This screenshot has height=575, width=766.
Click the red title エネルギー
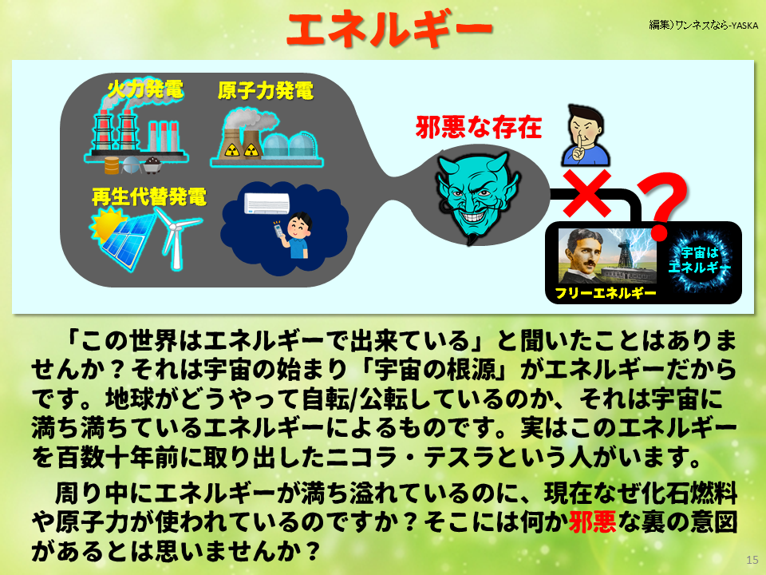[x=389, y=30]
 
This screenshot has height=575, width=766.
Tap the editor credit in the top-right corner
[x=703, y=25]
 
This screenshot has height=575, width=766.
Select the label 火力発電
[x=145, y=89]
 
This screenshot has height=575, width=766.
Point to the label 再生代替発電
[x=148, y=196]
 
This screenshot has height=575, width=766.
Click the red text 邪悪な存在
[x=479, y=127]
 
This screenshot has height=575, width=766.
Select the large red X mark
[x=592, y=192]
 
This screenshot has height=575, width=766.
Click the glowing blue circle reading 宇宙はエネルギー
[x=699, y=261]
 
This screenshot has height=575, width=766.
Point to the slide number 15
[x=752, y=560]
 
